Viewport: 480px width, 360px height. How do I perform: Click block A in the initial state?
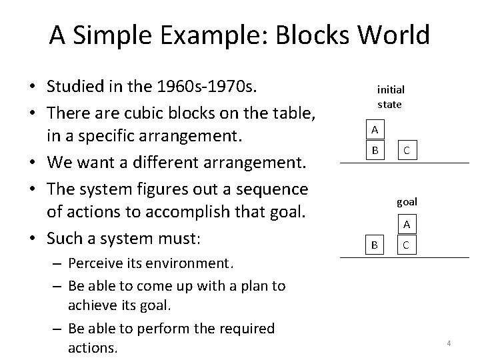pos(375,129)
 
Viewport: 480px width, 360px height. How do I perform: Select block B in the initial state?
pos(375,151)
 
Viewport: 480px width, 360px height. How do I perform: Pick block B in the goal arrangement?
pos(375,245)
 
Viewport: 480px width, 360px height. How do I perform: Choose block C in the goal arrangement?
pos(406,245)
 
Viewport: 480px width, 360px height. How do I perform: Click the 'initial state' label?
pos(391,97)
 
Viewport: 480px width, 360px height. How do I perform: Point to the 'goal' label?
pos(407,201)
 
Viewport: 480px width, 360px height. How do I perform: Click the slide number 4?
pos(449,343)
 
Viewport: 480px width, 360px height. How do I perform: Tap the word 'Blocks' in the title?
pos(313,35)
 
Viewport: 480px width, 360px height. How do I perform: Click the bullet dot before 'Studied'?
pos(31,87)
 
